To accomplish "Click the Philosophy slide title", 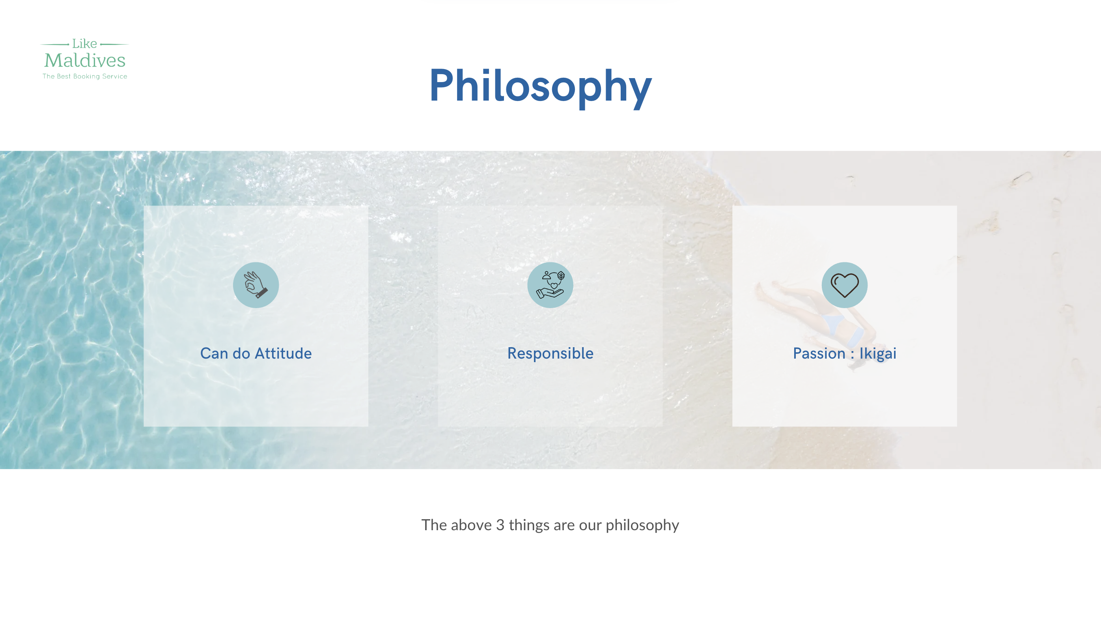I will click(x=540, y=86).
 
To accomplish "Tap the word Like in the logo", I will click(x=84, y=44).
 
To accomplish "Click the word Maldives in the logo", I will click(x=85, y=60).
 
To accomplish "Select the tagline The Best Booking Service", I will click(x=85, y=76).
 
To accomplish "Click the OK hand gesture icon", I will click(x=256, y=285).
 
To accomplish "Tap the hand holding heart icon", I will click(x=550, y=285).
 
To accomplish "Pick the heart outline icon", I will click(x=844, y=285).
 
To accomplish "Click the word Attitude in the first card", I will click(x=283, y=353).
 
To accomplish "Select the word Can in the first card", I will click(x=214, y=353).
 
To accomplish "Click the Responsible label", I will click(x=550, y=353).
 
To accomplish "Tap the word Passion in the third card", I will click(x=819, y=353).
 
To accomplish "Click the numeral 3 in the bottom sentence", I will click(x=500, y=525).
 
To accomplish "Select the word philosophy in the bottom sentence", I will click(x=642, y=525).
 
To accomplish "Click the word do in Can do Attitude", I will click(x=241, y=353).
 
